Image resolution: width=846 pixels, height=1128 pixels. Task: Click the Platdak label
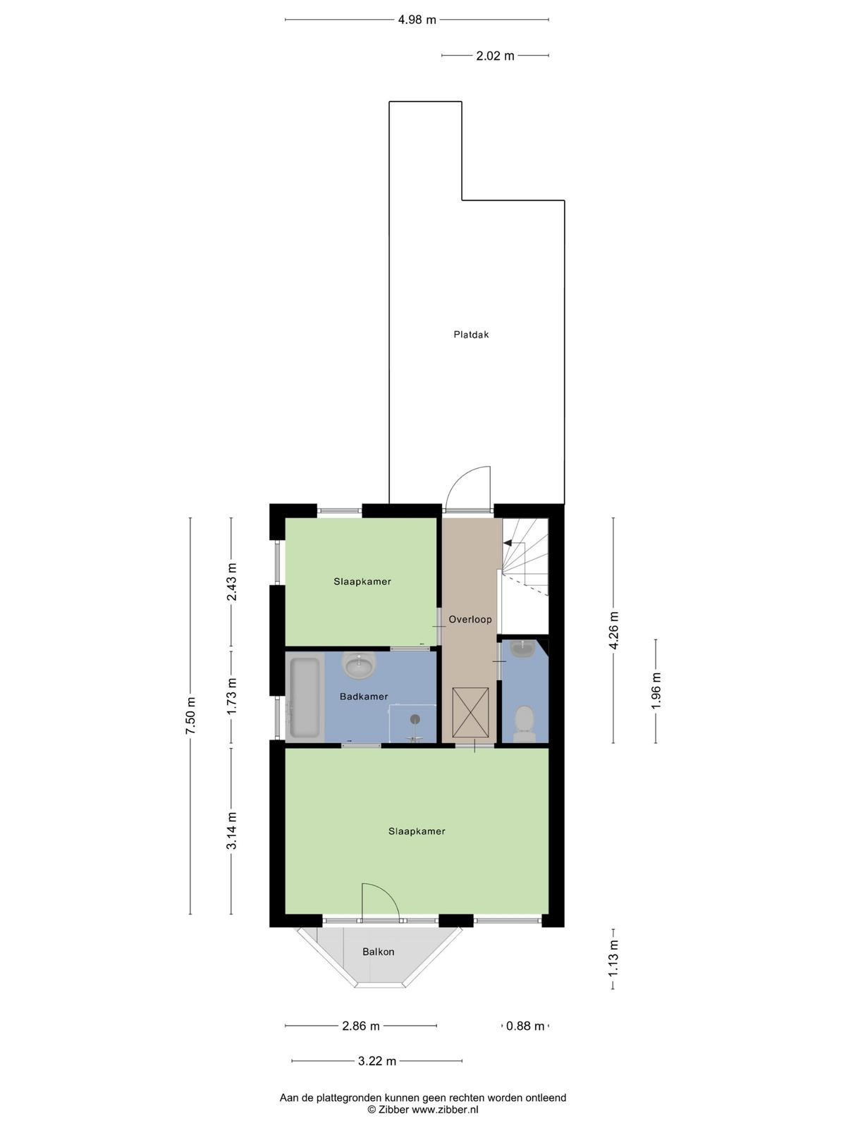coord(471,335)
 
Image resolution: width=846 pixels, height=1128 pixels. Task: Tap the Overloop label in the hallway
coord(470,619)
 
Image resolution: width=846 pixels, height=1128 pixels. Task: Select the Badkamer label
coord(364,697)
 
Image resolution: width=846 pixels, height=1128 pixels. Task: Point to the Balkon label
coord(378,952)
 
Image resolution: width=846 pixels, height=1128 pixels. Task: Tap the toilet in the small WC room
coord(525,724)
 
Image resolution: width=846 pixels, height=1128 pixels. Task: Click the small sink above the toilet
coord(522,649)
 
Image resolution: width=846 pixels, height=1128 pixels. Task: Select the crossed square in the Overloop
coord(470,712)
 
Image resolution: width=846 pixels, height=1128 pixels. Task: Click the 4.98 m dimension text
coord(417,20)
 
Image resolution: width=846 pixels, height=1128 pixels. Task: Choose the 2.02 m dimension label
coord(495,56)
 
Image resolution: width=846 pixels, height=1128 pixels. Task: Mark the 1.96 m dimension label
coord(656,691)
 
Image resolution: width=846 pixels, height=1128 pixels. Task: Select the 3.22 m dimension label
coord(377,1061)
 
